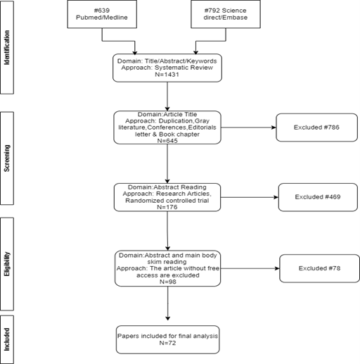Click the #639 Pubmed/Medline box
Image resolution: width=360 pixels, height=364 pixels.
102,14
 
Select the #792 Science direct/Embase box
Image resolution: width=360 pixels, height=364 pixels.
226,14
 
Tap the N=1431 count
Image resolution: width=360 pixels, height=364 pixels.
167,75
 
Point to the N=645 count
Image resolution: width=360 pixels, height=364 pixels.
167,141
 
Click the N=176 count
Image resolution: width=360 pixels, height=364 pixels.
167,207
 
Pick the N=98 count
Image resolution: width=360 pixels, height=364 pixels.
167,282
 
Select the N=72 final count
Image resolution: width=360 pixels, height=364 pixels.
167,343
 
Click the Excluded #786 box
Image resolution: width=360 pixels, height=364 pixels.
316,127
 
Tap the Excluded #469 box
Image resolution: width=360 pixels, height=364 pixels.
318,197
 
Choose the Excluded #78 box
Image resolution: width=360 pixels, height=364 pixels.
319,268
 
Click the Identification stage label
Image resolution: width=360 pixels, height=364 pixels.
7,47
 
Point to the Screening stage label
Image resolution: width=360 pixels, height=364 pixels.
7,158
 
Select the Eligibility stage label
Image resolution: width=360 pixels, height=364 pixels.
7,264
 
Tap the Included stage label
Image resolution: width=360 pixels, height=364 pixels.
7,339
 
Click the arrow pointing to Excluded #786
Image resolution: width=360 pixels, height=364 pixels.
248,127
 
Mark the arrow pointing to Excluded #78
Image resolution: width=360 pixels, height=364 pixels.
250,268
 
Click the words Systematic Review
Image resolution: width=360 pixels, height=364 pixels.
184,68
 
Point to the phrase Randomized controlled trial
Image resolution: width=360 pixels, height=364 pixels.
167,201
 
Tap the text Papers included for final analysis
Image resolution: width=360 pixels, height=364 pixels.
167,336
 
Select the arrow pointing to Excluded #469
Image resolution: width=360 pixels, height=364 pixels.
250,197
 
